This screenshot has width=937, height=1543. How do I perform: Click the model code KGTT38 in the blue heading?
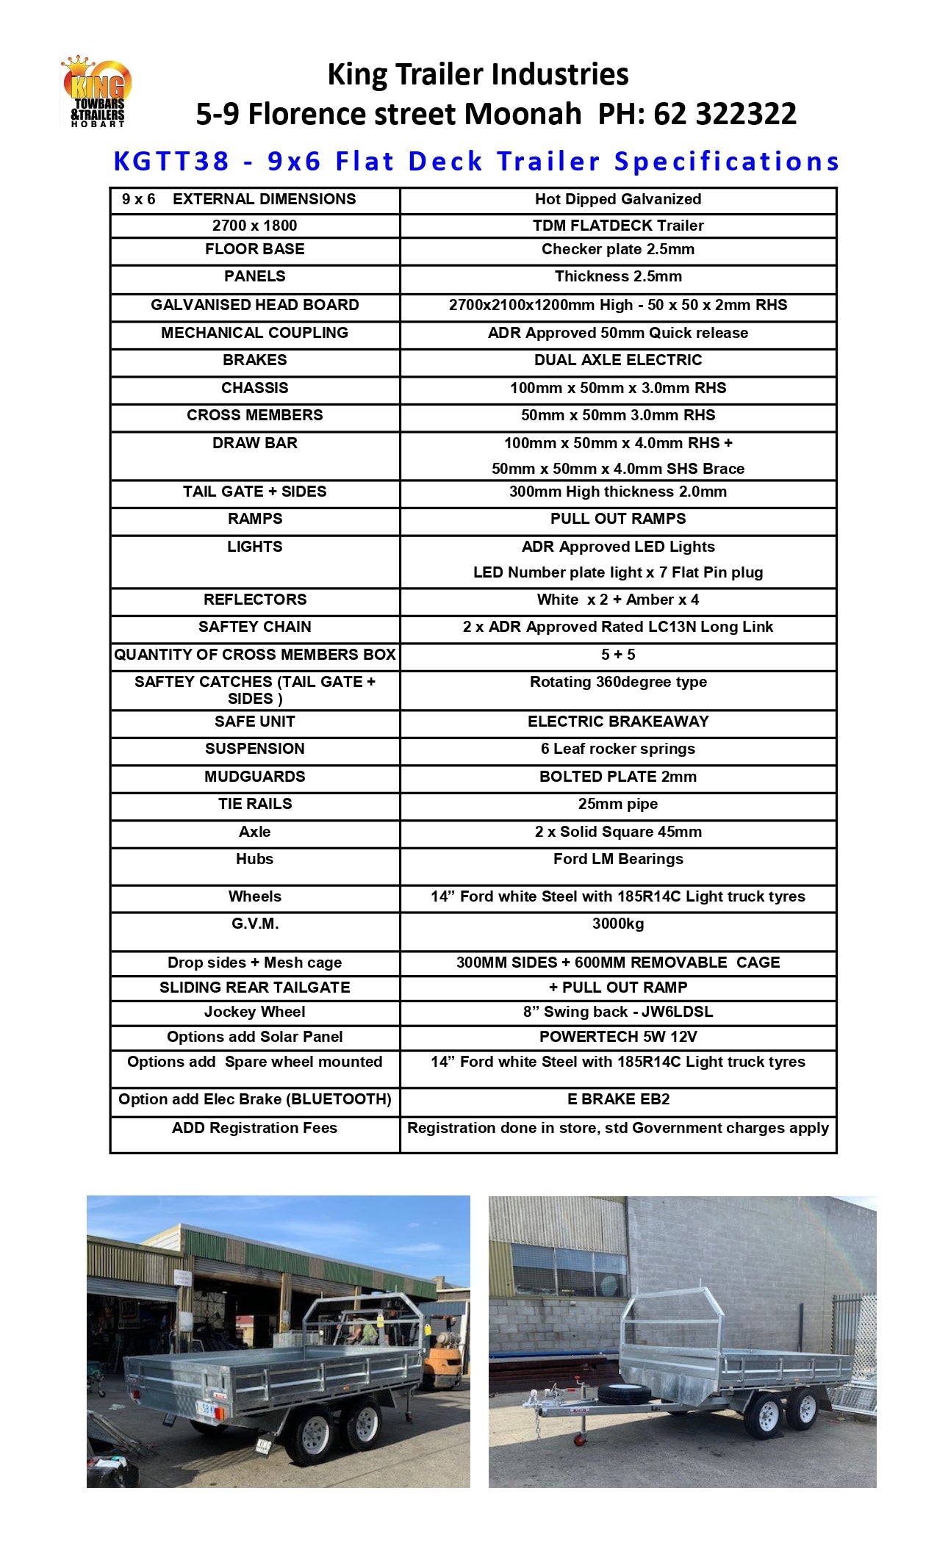pos(172,161)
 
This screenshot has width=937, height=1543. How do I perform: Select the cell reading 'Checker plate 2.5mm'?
pos(617,249)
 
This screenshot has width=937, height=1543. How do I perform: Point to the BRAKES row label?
pos(254,360)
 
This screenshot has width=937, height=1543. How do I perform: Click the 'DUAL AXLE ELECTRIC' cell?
pos(617,360)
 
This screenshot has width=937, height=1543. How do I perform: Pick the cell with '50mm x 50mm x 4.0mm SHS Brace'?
pos(617,469)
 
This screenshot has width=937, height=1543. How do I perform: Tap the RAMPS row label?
pos(254,519)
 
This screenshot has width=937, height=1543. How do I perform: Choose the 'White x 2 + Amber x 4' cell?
pos(617,600)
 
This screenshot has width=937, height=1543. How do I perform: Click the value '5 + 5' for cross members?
pos(617,655)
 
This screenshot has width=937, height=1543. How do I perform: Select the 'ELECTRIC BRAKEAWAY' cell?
pos(617,722)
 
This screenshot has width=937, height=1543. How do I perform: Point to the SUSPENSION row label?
pos(254,749)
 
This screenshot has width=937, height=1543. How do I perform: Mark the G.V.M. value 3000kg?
pos(617,924)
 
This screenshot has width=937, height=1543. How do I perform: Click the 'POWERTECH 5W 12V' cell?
pos(617,1037)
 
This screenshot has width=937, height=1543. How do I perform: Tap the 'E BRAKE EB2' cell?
pos(617,1099)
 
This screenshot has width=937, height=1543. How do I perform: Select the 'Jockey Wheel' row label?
pos(254,1012)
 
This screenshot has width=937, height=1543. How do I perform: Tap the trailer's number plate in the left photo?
pos(205,1409)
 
